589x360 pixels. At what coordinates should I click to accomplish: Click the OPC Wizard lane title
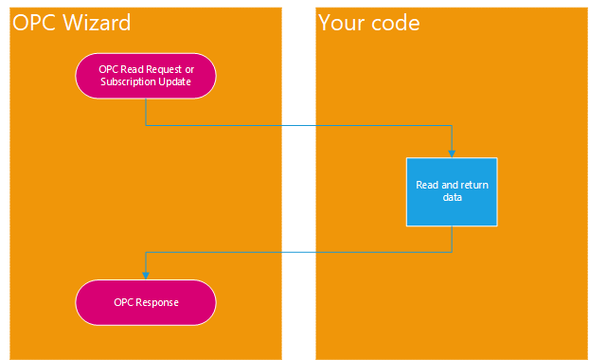point(71,22)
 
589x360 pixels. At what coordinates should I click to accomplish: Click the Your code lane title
point(369,22)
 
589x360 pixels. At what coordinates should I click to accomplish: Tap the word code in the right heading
point(395,22)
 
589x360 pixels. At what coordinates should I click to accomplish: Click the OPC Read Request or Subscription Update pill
point(146,75)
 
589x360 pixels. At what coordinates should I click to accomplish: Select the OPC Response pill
point(146,302)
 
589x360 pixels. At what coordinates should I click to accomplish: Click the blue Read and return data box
point(452,190)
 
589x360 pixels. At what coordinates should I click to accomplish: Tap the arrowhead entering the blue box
point(452,152)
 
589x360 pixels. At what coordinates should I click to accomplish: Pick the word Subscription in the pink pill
point(125,81)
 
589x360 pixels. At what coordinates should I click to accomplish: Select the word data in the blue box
point(452,197)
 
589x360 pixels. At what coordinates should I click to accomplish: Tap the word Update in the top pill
point(176,81)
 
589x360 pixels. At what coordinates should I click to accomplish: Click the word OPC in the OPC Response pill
point(124,302)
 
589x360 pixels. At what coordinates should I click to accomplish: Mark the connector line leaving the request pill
point(284,125)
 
